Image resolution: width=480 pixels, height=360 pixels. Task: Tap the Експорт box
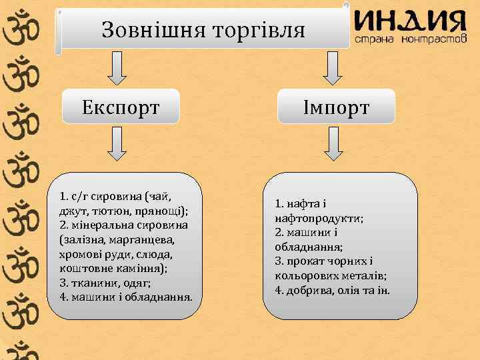pyautogui.click(x=121, y=107)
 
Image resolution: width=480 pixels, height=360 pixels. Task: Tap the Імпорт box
pyautogui.click(x=336, y=107)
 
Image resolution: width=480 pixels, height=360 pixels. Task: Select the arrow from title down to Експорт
pyautogui.click(x=117, y=68)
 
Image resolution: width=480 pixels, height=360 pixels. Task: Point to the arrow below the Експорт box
pyautogui.click(x=117, y=145)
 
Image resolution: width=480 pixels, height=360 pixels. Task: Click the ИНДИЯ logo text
pyautogui.click(x=409, y=22)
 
